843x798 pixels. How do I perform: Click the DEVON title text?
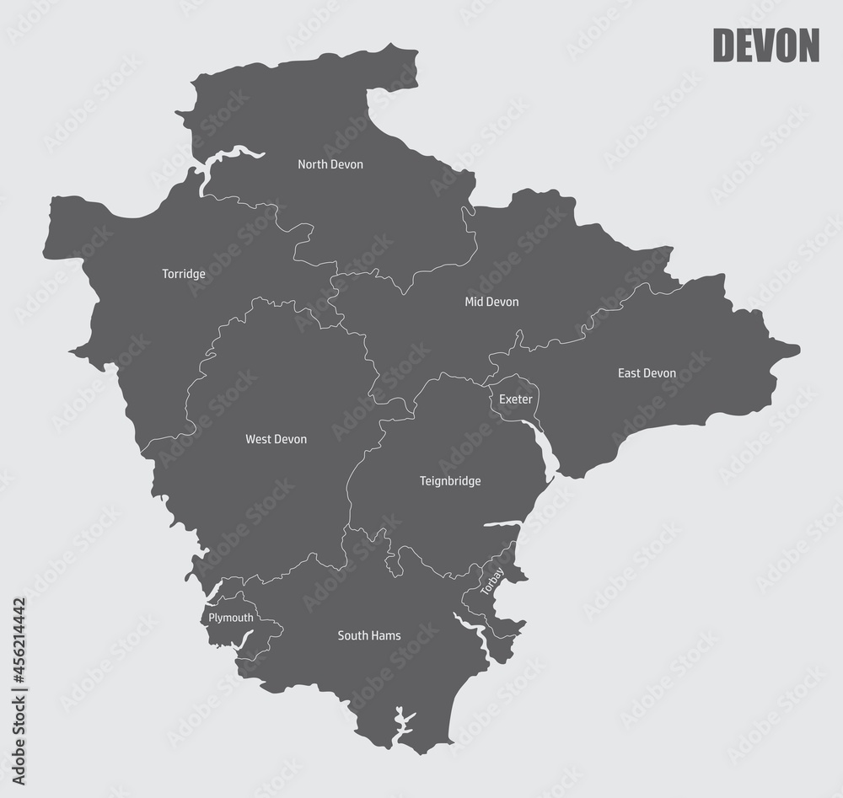[x=765, y=46]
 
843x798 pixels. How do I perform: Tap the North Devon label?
[x=330, y=164]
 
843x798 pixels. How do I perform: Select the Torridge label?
[x=184, y=274]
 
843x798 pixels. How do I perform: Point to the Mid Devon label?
[x=491, y=302]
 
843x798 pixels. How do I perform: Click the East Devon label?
[x=647, y=373]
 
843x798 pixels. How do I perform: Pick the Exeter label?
[x=515, y=399]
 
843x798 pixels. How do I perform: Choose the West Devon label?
[x=276, y=439]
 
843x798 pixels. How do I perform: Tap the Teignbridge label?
[x=450, y=481]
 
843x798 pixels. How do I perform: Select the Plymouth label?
[x=230, y=618]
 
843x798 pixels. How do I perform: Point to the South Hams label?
[x=368, y=635]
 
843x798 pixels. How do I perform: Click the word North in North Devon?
[x=313, y=164]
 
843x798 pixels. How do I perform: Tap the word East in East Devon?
[x=630, y=373]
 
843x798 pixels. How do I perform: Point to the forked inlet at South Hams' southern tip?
[x=402, y=721]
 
